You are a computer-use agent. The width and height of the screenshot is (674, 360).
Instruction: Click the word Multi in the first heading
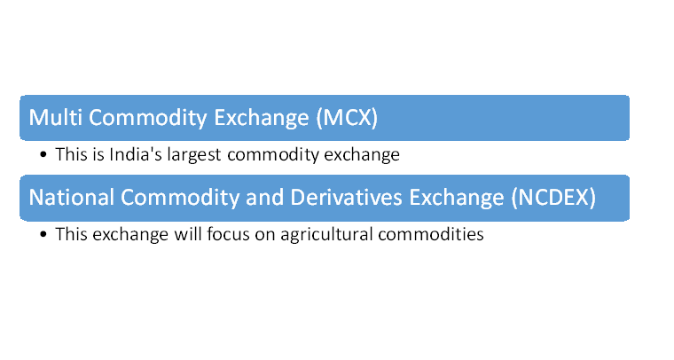click(56, 117)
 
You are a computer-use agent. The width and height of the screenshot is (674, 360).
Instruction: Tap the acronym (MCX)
click(347, 118)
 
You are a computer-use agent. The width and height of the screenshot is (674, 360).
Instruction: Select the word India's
click(136, 154)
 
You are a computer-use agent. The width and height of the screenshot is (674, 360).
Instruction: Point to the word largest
click(194, 155)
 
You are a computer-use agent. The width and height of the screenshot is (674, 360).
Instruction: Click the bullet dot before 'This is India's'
click(43, 154)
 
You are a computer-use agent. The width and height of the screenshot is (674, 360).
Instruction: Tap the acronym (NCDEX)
click(553, 198)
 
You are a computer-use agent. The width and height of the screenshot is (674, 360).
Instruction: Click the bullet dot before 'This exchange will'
click(43, 234)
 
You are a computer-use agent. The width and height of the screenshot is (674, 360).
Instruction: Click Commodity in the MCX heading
click(148, 118)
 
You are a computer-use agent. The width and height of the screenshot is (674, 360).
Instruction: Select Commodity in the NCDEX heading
click(180, 198)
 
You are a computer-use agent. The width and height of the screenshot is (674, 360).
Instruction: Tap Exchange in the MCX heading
click(262, 118)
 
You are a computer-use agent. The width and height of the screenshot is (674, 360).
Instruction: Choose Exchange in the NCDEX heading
click(457, 198)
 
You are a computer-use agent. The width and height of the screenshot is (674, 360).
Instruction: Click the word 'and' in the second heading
click(265, 198)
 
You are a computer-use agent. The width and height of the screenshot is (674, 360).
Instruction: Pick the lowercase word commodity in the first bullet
click(273, 155)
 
